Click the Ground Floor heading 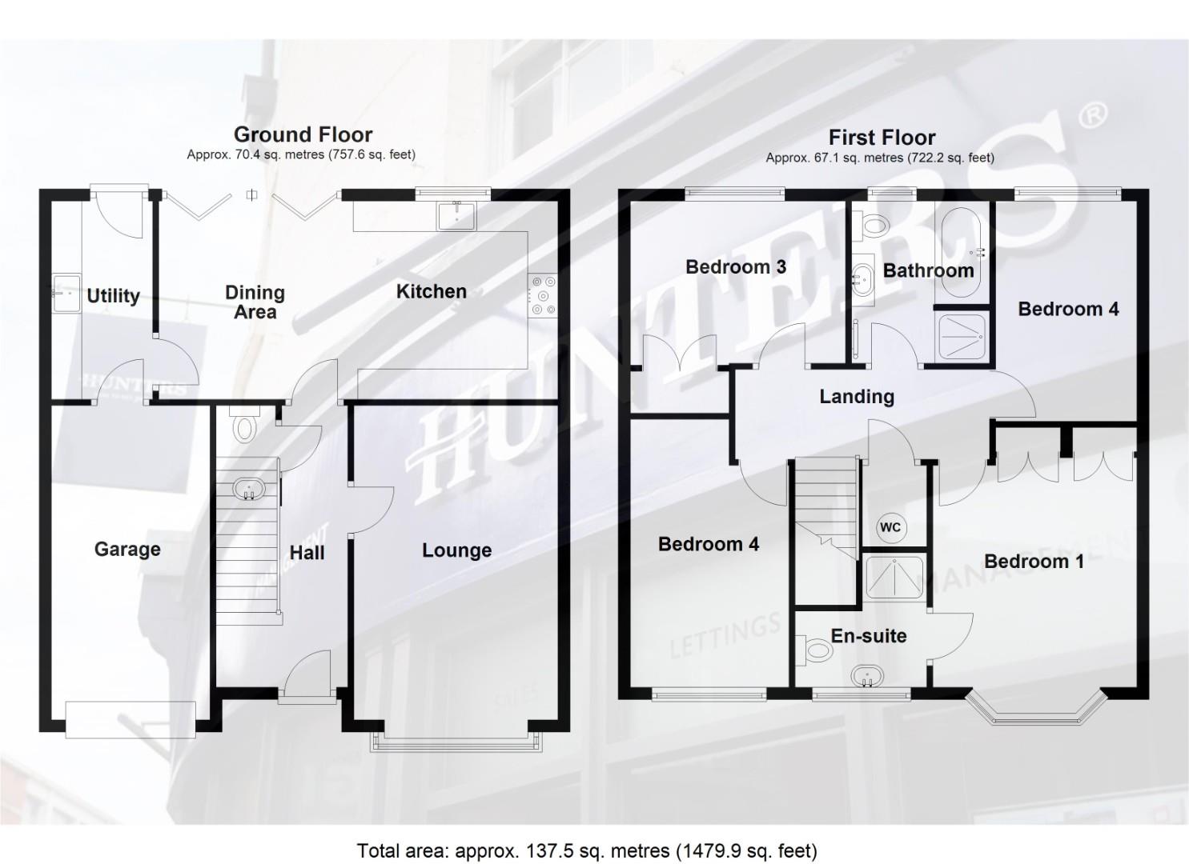point(303,134)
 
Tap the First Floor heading point(882,138)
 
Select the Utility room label point(113,296)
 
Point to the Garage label point(127,550)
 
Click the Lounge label point(456,550)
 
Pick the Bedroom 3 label point(736,267)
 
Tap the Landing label point(857,397)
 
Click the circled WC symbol point(890,527)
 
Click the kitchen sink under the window point(456,215)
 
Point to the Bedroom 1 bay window point(1035,709)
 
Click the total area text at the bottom point(587,850)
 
